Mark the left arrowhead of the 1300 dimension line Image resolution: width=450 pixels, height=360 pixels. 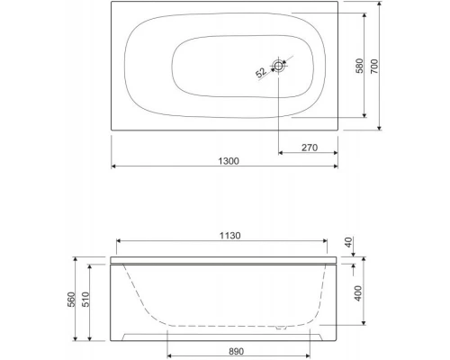coord(114,167)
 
